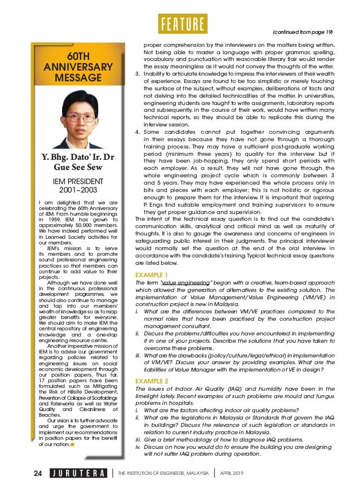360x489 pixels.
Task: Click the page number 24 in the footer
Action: point(37,473)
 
